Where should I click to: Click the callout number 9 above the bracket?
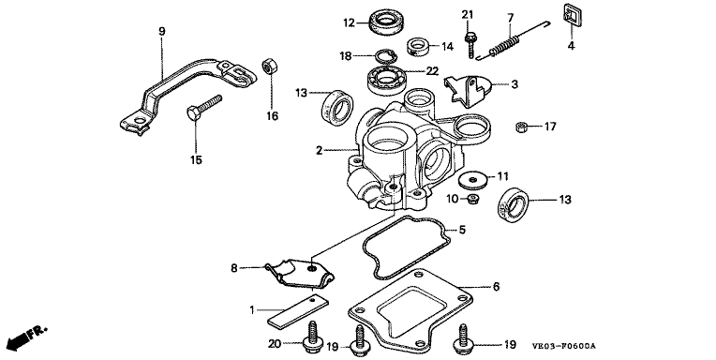click(162, 31)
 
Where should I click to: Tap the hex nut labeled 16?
click(268, 67)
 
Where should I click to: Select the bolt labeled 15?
click(203, 108)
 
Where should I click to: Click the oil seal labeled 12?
click(383, 22)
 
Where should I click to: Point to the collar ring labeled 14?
click(418, 47)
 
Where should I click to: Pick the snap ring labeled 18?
click(386, 57)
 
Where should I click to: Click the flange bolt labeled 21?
click(470, 45)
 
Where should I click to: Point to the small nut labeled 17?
click(522, 127)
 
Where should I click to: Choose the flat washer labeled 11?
click(472, 180)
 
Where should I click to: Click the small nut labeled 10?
click(473, 199)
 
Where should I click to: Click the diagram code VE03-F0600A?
click(564, 346)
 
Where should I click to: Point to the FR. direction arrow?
click(27, 337)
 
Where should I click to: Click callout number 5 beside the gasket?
click(462, 230)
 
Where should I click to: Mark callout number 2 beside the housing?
click(319, 150)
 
